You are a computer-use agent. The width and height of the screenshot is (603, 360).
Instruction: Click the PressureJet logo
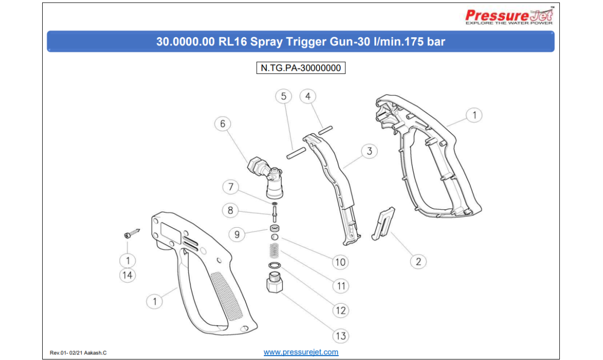coord(509,17)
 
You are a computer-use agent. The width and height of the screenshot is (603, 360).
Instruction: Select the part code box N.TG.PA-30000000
coord(301,67)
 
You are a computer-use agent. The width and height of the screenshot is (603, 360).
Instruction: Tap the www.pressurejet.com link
coord(301,352)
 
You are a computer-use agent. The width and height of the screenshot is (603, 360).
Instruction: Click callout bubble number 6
coord(223,124)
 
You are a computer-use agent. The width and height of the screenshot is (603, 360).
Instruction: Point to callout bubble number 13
coord(341,336)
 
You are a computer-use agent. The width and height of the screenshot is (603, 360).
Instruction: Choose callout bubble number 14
coord(128,275)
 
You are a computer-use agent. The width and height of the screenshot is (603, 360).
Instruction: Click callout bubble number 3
coord(369,151)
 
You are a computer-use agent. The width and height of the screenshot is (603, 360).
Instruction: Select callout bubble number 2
coord(418,261)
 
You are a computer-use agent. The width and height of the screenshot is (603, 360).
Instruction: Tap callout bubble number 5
coord(283,96)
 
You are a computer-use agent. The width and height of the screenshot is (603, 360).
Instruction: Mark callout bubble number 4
coord(308,96)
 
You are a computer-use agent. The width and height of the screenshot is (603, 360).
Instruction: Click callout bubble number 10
coord(341,261)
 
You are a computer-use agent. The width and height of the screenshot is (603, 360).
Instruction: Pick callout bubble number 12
coord(341,310)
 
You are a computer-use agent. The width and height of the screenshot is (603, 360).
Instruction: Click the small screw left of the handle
coord(131,234)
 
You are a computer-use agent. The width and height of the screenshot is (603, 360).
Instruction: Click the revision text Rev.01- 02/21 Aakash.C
coord(78,353)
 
